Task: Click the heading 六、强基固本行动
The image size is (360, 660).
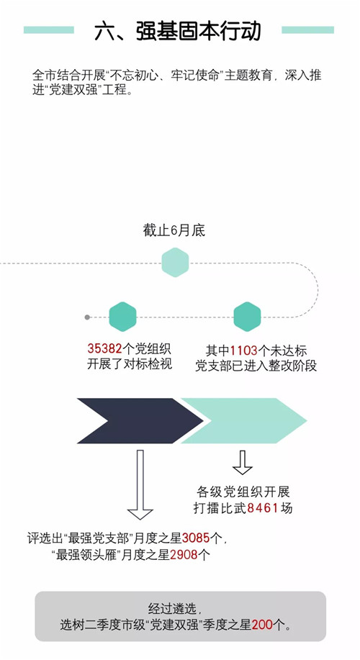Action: point(178,31)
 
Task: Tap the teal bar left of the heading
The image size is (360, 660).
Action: point(49,30)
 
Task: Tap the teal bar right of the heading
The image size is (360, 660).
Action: point(307,30)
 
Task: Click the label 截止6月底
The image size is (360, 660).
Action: point(174,230)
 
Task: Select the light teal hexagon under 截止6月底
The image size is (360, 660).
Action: point(175,262)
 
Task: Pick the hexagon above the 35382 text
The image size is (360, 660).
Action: point(122,317)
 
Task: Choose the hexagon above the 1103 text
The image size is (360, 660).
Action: point(247,317)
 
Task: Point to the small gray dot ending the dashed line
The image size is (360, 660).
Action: point(87,317)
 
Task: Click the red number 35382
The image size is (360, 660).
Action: point(105,348)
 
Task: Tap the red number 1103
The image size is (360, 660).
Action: point(244,351)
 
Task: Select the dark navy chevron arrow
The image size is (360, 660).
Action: point(140,420)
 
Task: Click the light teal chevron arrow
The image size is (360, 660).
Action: point(244,420)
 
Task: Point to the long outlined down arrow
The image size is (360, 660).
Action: point(140,484)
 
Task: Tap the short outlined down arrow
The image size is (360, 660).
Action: point(243,463)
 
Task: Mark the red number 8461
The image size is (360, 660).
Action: point(263,508)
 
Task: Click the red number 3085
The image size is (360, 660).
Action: point(196,538)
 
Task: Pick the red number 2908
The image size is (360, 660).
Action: point(184,555)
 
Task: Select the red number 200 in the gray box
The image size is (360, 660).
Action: point(262,625)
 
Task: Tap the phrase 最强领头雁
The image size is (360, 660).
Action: point(87,555)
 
